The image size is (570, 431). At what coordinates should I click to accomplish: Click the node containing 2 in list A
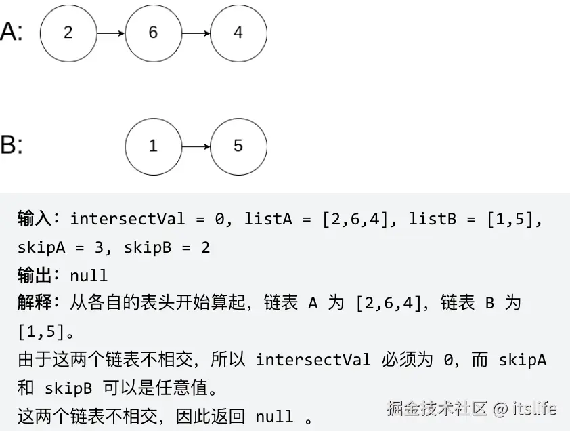68,33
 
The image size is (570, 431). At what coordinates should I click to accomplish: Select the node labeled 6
153,33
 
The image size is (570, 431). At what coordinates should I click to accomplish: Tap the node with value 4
238,33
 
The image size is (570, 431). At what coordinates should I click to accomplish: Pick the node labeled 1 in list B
153,146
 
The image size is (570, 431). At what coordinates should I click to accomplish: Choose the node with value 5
238,146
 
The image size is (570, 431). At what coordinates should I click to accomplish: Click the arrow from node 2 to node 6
110,33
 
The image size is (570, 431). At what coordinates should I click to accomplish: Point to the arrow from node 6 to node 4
196,33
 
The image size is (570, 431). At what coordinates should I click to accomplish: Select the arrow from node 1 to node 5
196,146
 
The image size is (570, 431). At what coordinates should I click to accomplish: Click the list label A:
12,32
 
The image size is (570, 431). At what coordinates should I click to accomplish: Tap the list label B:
12,145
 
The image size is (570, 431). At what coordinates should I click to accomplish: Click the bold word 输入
35,219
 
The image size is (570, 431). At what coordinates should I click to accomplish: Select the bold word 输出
35,275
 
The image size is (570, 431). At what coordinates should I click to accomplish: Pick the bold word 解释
35,303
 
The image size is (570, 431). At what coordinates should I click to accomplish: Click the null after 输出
89,276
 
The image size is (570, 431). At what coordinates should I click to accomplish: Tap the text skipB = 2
167,247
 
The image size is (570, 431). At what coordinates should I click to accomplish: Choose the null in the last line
274,416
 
